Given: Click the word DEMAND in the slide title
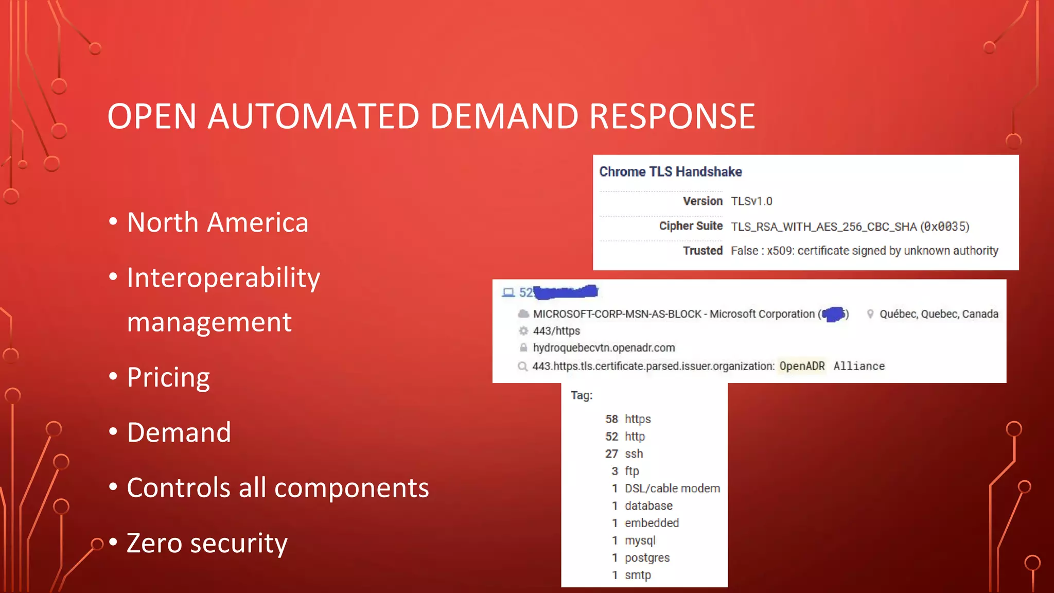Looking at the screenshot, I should (504, 116).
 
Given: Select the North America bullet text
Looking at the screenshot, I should (217, 222).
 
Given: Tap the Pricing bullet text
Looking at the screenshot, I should (168, 377).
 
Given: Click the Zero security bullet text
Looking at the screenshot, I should (207, 543).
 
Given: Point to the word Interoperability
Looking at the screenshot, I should (223, 278).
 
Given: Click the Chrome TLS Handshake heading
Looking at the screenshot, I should (670, 172).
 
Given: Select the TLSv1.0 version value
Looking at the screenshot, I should (751, 201).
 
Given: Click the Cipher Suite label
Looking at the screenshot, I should (691, 226).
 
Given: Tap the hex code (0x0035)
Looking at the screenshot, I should (945, 226).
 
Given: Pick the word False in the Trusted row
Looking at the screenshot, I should (744, 251).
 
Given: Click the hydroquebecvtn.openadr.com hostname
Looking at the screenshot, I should (604, 348).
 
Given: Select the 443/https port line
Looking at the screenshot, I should (556, 331).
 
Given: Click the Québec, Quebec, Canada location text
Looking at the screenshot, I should (939, 314).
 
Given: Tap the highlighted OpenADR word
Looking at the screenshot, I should (802, 366).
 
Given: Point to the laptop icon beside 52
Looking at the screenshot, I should (508, 293).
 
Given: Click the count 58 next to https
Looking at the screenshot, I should (611, 419).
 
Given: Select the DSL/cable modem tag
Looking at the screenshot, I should (672, 489).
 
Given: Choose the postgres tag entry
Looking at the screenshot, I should (647, 558).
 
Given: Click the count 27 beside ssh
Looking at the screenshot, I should (611, 454).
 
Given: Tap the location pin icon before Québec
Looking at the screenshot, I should (870, 314).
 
